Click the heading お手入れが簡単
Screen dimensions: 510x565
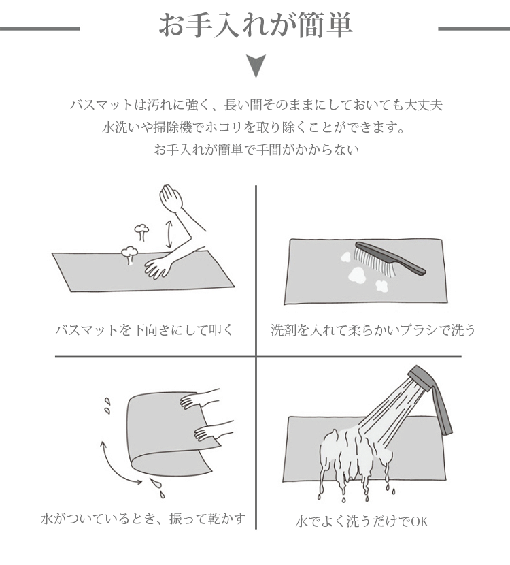tap(256, 26)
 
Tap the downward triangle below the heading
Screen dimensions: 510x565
tap(256, 66)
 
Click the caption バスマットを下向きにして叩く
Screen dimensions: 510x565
tap(145, 329)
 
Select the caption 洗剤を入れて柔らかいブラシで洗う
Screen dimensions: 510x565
tap(373, 329)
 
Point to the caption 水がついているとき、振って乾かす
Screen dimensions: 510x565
tap(143, 519)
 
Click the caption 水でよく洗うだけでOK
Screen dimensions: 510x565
tap(361, 521)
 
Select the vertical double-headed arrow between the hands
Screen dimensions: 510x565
tap(168, 235)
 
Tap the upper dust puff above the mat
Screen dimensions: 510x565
tap(142, 232)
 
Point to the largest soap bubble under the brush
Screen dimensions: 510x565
tap(358, 275)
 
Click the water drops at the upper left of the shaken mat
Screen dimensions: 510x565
tap(107, 406)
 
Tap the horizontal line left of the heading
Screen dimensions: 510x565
tap(39, 29)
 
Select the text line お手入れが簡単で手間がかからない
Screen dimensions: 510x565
tap(256, 150)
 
